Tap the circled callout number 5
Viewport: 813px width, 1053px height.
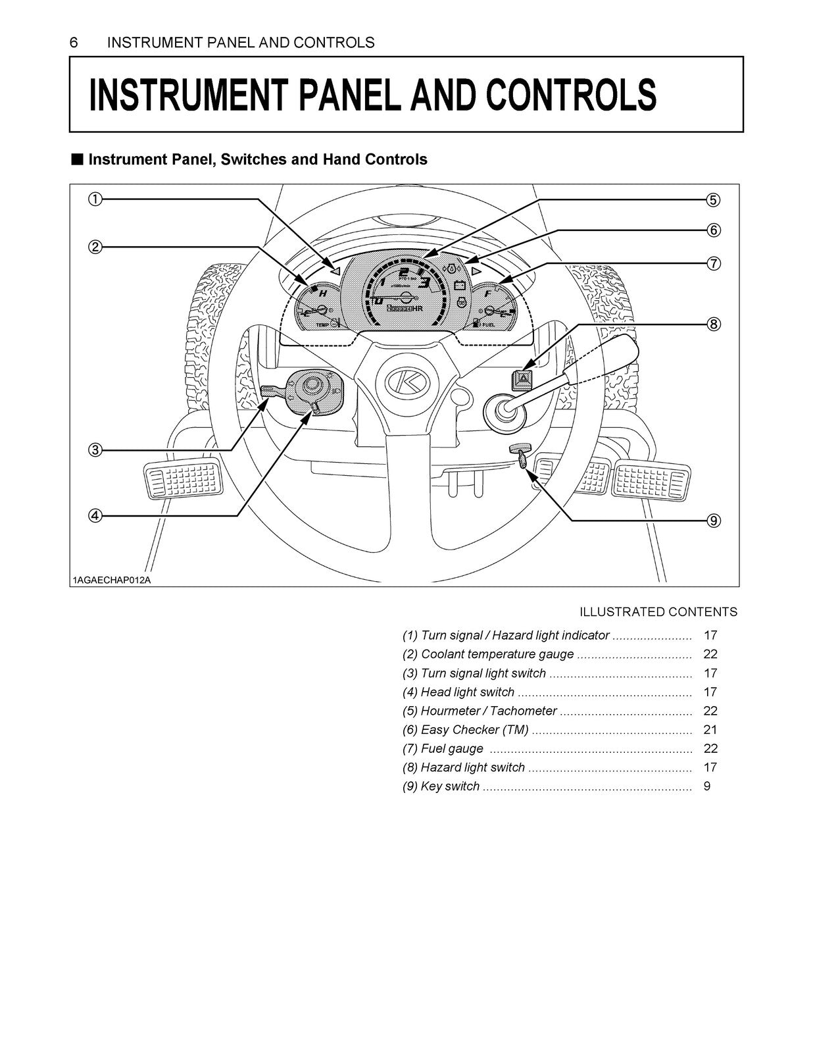coord(714,199)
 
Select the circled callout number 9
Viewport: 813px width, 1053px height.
coord(714,521)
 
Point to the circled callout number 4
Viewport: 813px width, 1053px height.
coord(95,515)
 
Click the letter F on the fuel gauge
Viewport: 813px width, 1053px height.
coord(487,294)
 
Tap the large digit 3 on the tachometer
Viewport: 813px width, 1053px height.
coord(425,284)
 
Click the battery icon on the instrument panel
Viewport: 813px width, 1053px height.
coord(460,286)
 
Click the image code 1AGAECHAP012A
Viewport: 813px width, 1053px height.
coord(112,580)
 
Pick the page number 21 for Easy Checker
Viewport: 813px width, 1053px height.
coord(710,729)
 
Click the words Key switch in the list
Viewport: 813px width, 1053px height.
coord(450,786)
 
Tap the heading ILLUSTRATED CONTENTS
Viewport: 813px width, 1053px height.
coord(658,612)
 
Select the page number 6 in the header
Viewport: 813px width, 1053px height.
coord(74,43)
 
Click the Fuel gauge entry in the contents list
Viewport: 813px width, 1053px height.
coord(452,748)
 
